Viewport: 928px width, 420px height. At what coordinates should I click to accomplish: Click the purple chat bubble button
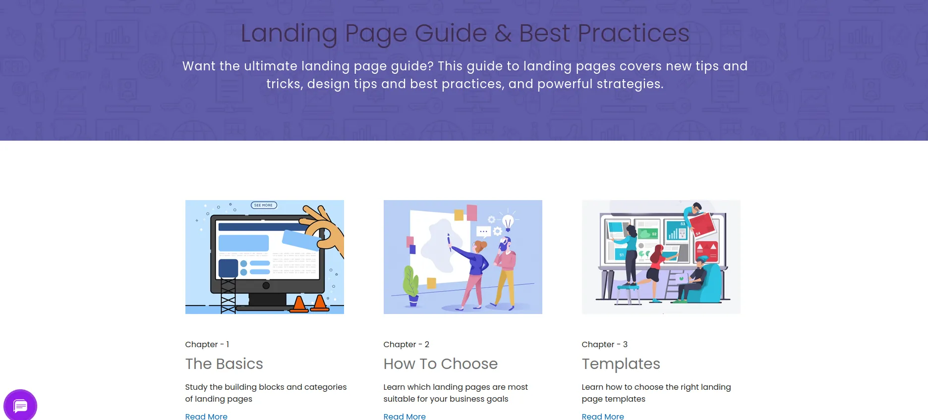20,406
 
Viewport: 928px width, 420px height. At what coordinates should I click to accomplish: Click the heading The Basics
224,364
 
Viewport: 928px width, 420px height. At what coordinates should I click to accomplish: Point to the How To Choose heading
440,364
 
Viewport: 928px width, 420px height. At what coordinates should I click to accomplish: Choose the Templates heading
621,365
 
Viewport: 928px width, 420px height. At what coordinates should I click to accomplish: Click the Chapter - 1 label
207,344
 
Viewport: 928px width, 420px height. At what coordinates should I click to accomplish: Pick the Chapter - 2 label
406,344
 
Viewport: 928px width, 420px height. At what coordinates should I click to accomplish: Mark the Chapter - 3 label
604,344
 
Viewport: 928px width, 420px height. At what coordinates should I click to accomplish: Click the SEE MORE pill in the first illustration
264,205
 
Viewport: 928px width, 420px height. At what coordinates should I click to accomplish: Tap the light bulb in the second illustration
508,222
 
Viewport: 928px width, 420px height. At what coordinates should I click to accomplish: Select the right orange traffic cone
320,303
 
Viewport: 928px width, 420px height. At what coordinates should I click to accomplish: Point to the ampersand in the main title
503,33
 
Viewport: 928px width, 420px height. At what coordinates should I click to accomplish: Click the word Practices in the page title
634,33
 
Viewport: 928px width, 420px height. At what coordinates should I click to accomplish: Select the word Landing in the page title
289,34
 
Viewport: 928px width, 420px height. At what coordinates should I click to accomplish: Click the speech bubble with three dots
483,231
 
